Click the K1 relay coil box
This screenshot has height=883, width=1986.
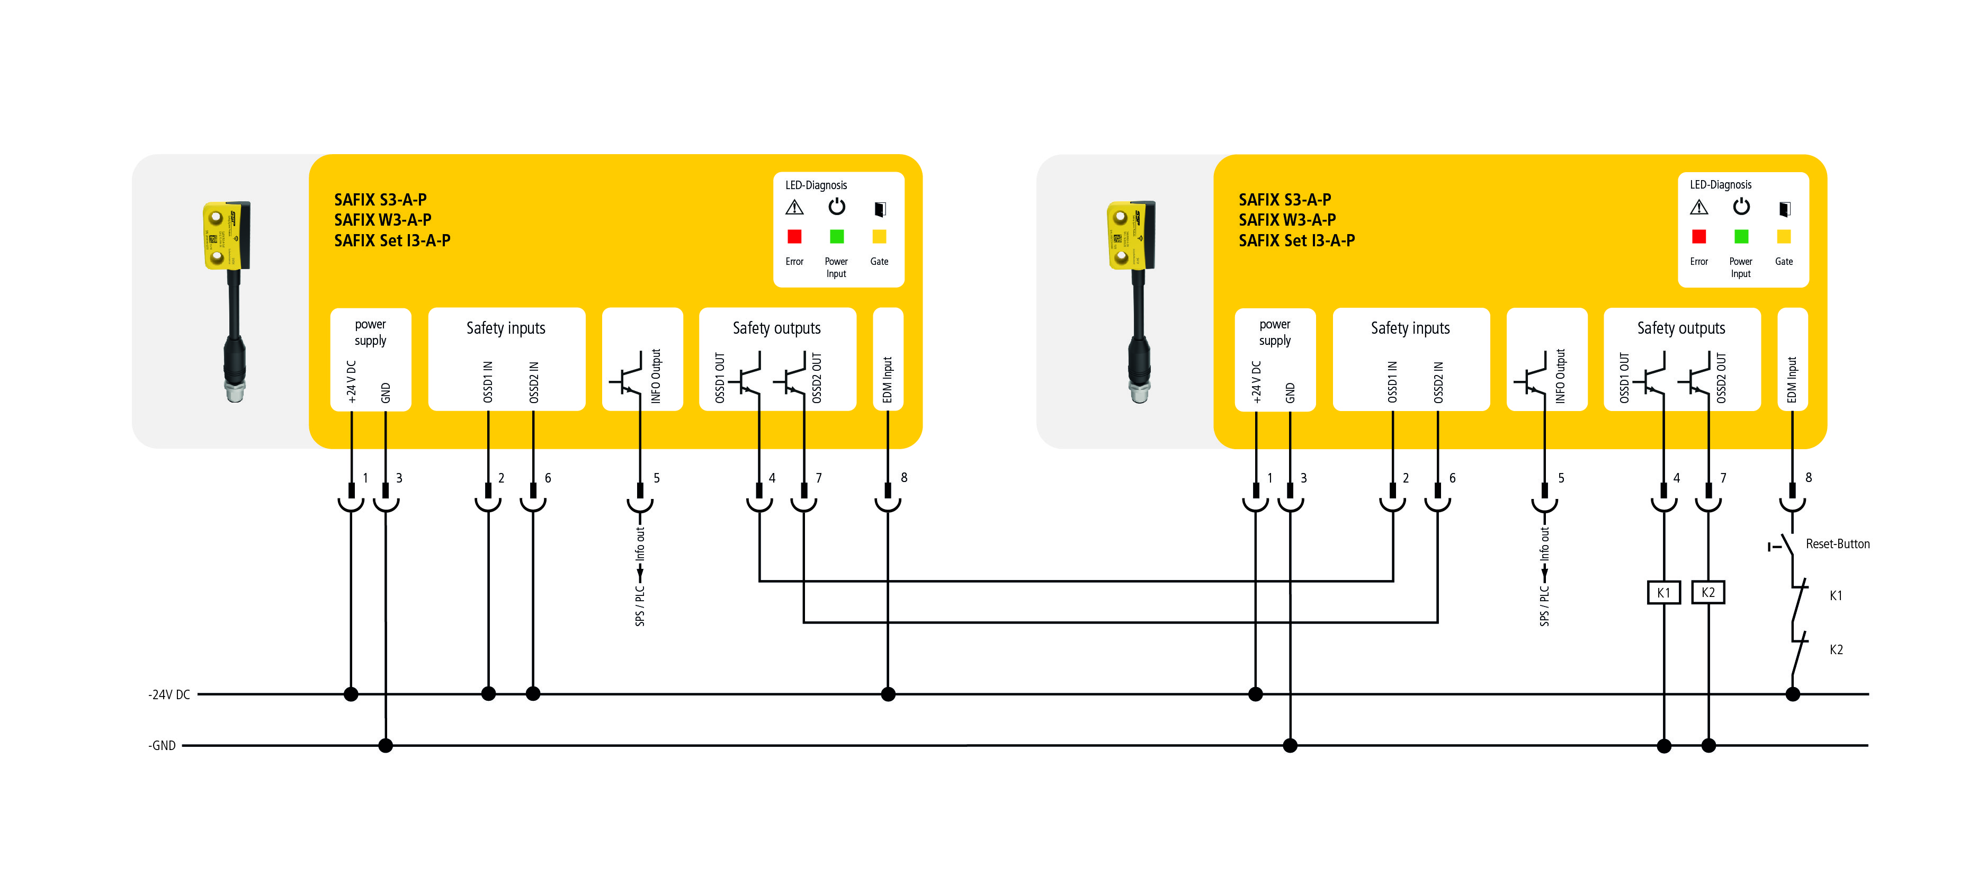1663,592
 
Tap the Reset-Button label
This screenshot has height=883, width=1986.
1837,543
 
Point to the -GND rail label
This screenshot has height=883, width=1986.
162,746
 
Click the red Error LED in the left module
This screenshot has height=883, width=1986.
794,236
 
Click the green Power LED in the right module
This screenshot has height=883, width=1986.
1741,236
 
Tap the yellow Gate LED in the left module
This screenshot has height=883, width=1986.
879,236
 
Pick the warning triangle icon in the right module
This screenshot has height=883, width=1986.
1698,208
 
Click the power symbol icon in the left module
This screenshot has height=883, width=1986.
836,207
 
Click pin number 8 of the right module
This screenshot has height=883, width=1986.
1808,477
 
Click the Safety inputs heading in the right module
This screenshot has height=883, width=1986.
1410,328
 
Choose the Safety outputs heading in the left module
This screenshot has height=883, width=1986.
776,328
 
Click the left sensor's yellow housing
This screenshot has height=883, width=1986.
225,235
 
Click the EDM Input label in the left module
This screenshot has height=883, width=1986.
888,379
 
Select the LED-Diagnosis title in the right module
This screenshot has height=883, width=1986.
1720,185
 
